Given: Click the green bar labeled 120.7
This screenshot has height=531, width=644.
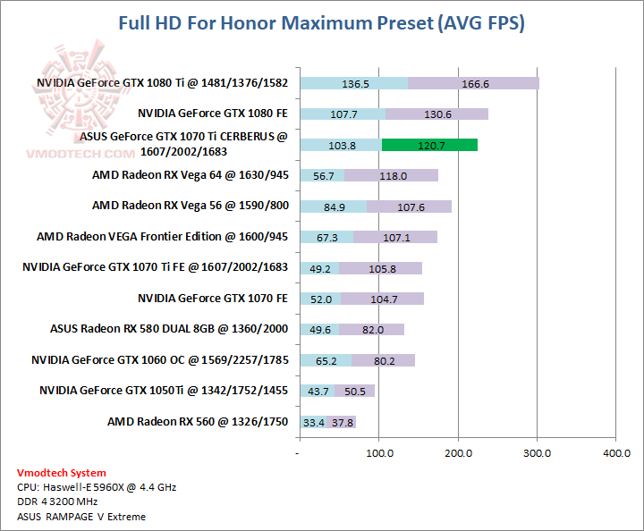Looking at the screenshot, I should tap(429, 145).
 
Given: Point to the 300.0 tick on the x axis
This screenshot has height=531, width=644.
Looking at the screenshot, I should tap(537, 454).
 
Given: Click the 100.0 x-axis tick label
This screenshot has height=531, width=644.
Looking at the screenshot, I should tap(379, 454).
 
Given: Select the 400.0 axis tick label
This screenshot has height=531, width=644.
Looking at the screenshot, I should tap(615, 454).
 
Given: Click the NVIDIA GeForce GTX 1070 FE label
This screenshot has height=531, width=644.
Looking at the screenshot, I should tap(213, 298).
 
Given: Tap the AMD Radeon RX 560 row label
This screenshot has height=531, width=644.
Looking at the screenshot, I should tap(198, 421).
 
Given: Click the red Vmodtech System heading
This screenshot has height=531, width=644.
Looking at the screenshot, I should tap(61, 473).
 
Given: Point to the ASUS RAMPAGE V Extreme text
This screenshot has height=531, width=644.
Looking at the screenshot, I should tap(80, 516).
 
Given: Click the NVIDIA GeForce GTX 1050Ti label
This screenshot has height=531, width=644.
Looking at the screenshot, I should tap(164, 391).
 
